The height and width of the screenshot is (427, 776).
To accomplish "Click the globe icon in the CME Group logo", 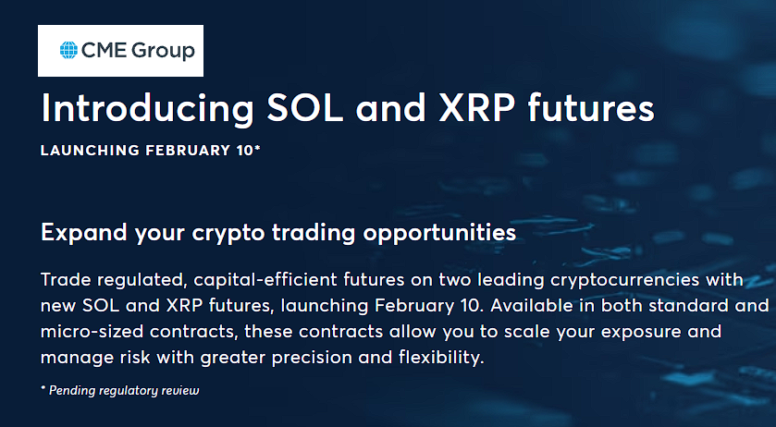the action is [x=68, y=50].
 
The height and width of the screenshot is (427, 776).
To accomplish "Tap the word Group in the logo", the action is [x=163, y=52].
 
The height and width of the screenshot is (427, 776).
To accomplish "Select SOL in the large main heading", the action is [x=305, y=108].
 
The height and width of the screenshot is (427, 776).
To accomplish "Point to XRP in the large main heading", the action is [x=476, y=108].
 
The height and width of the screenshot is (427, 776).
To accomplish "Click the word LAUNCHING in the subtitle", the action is [x=90, y=151].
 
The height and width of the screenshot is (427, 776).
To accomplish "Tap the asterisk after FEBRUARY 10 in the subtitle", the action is [x=257, y=147].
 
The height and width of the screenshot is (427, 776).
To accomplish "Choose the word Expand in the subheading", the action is [x=83, y=233].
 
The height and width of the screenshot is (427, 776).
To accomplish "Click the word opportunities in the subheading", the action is [x=439, y=233].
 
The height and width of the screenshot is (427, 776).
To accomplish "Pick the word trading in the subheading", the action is [x=314, y=233].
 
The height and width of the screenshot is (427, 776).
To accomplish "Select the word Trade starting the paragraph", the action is [x=66, y=279].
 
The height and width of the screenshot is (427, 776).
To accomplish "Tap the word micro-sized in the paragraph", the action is [x=92, y=332].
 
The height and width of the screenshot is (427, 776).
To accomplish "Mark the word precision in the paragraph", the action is [x=312, y=359].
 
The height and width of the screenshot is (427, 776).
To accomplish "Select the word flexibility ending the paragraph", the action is [x=438, y=358].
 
